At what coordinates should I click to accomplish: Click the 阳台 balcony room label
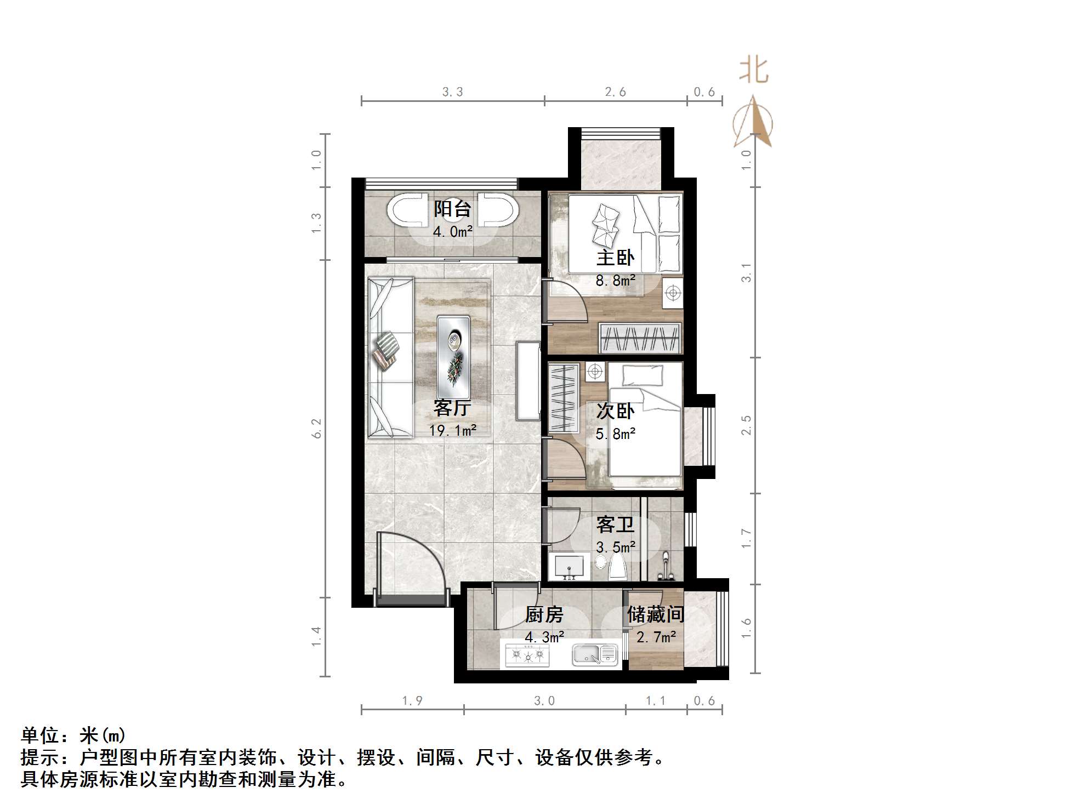452,209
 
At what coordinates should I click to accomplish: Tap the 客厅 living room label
452,408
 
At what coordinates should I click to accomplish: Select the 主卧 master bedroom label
615,258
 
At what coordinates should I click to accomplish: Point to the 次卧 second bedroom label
615,411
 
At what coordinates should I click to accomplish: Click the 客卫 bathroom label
615,525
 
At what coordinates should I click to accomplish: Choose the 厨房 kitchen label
544,615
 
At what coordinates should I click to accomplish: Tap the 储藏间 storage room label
656,614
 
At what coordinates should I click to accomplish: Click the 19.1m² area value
452,431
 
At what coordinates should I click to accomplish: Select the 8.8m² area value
615,281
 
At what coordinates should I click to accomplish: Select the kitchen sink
595,654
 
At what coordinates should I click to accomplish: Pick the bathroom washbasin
569,566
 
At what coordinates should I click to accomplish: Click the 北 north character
754,71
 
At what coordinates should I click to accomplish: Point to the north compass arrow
754,123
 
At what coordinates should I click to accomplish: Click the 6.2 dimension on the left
316,429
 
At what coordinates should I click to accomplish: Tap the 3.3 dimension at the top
453,92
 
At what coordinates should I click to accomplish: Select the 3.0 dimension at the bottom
544,701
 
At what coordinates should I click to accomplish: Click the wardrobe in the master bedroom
640,338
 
